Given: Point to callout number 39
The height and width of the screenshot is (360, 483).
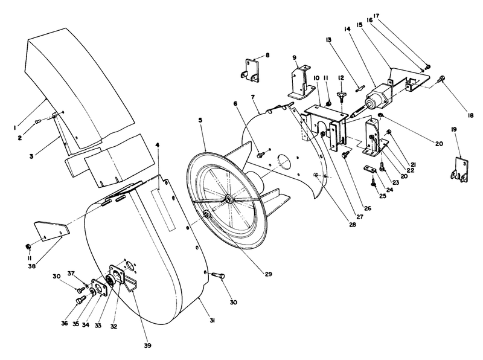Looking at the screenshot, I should [x=147, y=346].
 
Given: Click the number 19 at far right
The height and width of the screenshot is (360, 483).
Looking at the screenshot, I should [x=454, y=129].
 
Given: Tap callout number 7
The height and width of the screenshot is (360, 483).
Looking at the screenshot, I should [x=254, y=97].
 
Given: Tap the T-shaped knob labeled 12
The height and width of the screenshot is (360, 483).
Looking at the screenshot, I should [x=342, y=96].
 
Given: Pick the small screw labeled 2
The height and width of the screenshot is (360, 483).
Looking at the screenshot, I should [x=37, y=121].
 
